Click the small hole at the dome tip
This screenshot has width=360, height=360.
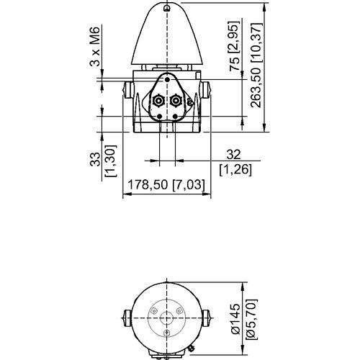[167, 8]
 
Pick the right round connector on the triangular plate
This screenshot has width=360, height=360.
[176, 102]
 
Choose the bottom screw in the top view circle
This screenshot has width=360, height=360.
[167, 333]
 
